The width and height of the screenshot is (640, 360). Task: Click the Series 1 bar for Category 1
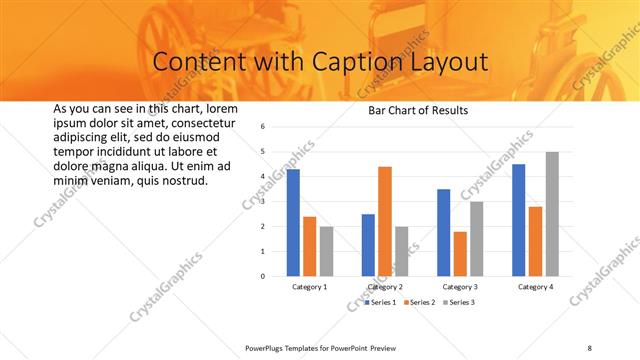(x=293, y=222)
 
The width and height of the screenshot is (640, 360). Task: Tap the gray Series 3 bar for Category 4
(x=552, y=213)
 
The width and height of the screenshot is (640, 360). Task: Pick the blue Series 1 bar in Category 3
(x=443, y=232)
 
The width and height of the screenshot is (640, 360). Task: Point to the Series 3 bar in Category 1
(x=326, y=250)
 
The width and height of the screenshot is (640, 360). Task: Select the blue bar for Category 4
(x=519, y=219)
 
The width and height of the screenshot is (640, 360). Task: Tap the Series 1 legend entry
(x=380, y=302)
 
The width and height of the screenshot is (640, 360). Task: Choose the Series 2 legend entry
(x=421, y=302)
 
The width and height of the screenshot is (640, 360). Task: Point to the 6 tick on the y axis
(x=261, y=127)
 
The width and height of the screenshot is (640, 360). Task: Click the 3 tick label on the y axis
(x=261, y=201)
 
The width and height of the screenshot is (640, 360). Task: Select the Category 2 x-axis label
(x=385, y=287)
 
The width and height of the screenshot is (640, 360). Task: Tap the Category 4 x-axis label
(x=536, y=287)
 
